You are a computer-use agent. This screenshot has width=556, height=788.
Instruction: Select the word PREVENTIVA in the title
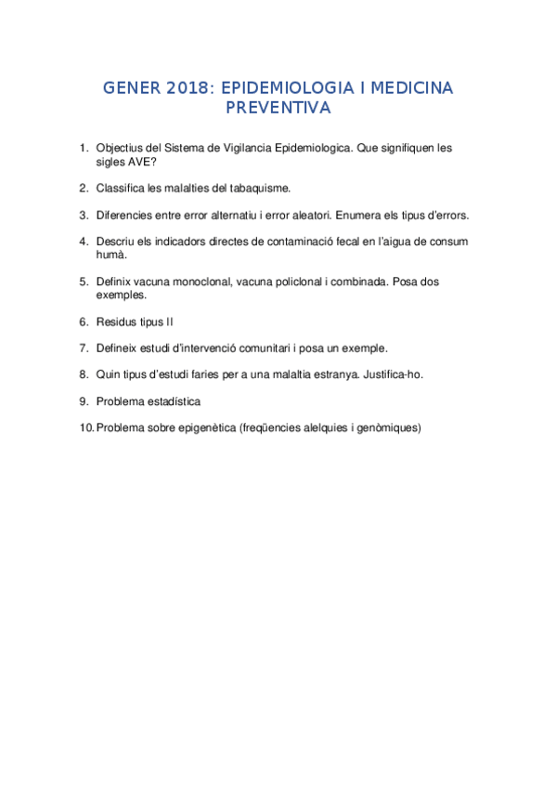(278, 108)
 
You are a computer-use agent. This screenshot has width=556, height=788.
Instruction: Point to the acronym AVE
(141, 161)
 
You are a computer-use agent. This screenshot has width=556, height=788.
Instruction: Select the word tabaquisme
(261, 188)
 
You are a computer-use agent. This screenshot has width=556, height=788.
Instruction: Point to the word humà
(110, 255)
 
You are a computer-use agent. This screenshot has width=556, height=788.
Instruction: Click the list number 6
(84, 322)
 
